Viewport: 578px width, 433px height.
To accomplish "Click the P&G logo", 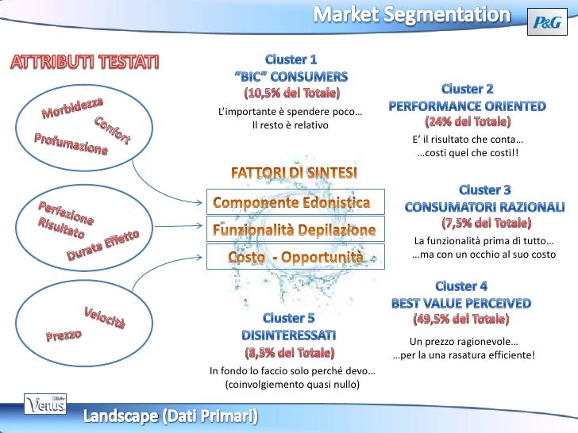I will (x=547, y=24).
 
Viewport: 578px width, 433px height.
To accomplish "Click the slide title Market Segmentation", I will (x=410, y=14).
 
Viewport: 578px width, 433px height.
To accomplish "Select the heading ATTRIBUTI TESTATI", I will (x=84, y=62).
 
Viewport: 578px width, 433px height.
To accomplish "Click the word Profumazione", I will (x=70, y=145).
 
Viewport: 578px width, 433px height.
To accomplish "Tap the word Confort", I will (x=113, y=130).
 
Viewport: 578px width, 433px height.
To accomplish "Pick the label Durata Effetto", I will (x=102, y=246).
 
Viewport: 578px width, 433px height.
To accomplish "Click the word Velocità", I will (x=105, y=317).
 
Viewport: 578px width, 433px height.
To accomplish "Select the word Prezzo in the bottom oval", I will (x=64, y=336).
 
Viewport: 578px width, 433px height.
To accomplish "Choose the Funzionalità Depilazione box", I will (x=294, y=230).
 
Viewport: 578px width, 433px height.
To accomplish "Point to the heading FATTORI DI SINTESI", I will (x=294, y=172).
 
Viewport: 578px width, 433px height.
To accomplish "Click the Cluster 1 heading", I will (x=291, y=59).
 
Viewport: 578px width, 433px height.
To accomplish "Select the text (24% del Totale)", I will (x=468, y=122).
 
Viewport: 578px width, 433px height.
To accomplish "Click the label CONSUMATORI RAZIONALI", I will (x=484, y=206).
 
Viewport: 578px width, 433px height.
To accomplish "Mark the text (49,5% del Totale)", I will (x=460, y=319).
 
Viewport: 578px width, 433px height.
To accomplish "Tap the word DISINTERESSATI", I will (x=289, y=334).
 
